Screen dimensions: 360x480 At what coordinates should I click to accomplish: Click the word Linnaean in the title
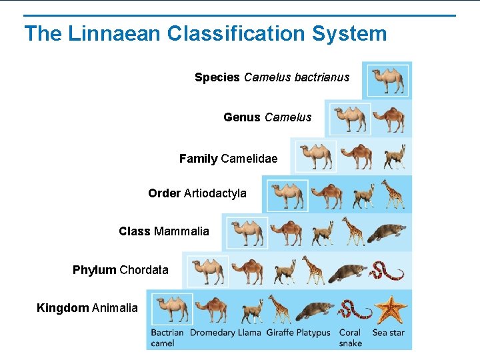(103, 33)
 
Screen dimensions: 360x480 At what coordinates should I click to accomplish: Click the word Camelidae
(249, 159)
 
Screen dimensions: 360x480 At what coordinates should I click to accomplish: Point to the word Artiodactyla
(215, 193)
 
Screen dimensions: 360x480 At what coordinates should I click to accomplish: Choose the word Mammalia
(181, 231)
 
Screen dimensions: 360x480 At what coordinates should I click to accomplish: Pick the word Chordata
(144, 270)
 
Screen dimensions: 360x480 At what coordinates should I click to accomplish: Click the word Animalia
(115, 308)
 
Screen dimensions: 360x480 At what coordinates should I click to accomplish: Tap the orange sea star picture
(390, 309)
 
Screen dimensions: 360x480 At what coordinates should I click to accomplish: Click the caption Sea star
(389, 332)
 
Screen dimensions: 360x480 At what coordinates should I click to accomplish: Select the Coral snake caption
(350, 337)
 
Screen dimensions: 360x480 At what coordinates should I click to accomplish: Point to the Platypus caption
(313, 332)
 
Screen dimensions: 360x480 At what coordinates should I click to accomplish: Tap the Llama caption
(249, 332)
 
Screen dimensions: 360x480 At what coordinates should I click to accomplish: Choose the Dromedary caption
(212, 332)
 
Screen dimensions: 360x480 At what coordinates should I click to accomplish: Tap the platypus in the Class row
(386, 232)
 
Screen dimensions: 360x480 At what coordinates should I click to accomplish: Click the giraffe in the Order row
(392, 193)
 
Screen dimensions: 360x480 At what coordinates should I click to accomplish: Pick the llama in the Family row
(394, 156)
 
